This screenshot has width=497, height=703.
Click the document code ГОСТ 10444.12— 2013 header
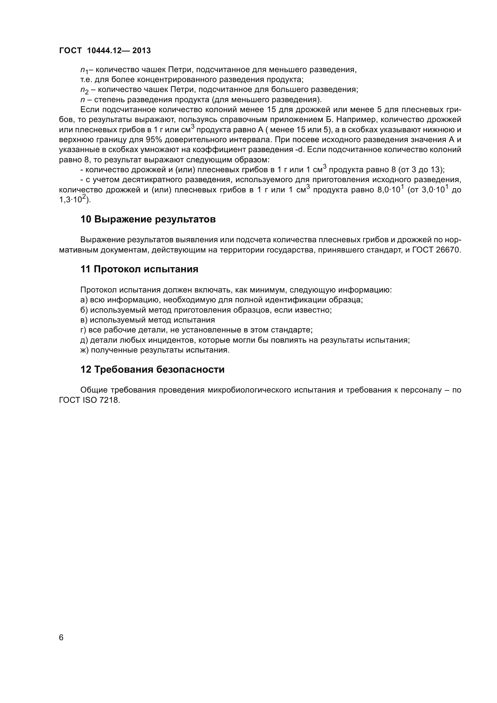tap(105, 51)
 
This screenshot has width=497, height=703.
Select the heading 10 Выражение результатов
tap(148, 219)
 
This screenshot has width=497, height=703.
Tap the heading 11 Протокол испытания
tap(139, 269)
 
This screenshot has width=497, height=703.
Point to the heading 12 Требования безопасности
tap(152, 370)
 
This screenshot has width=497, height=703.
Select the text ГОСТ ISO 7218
tap(89, 400)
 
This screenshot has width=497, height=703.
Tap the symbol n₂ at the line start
tap(84, 90)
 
